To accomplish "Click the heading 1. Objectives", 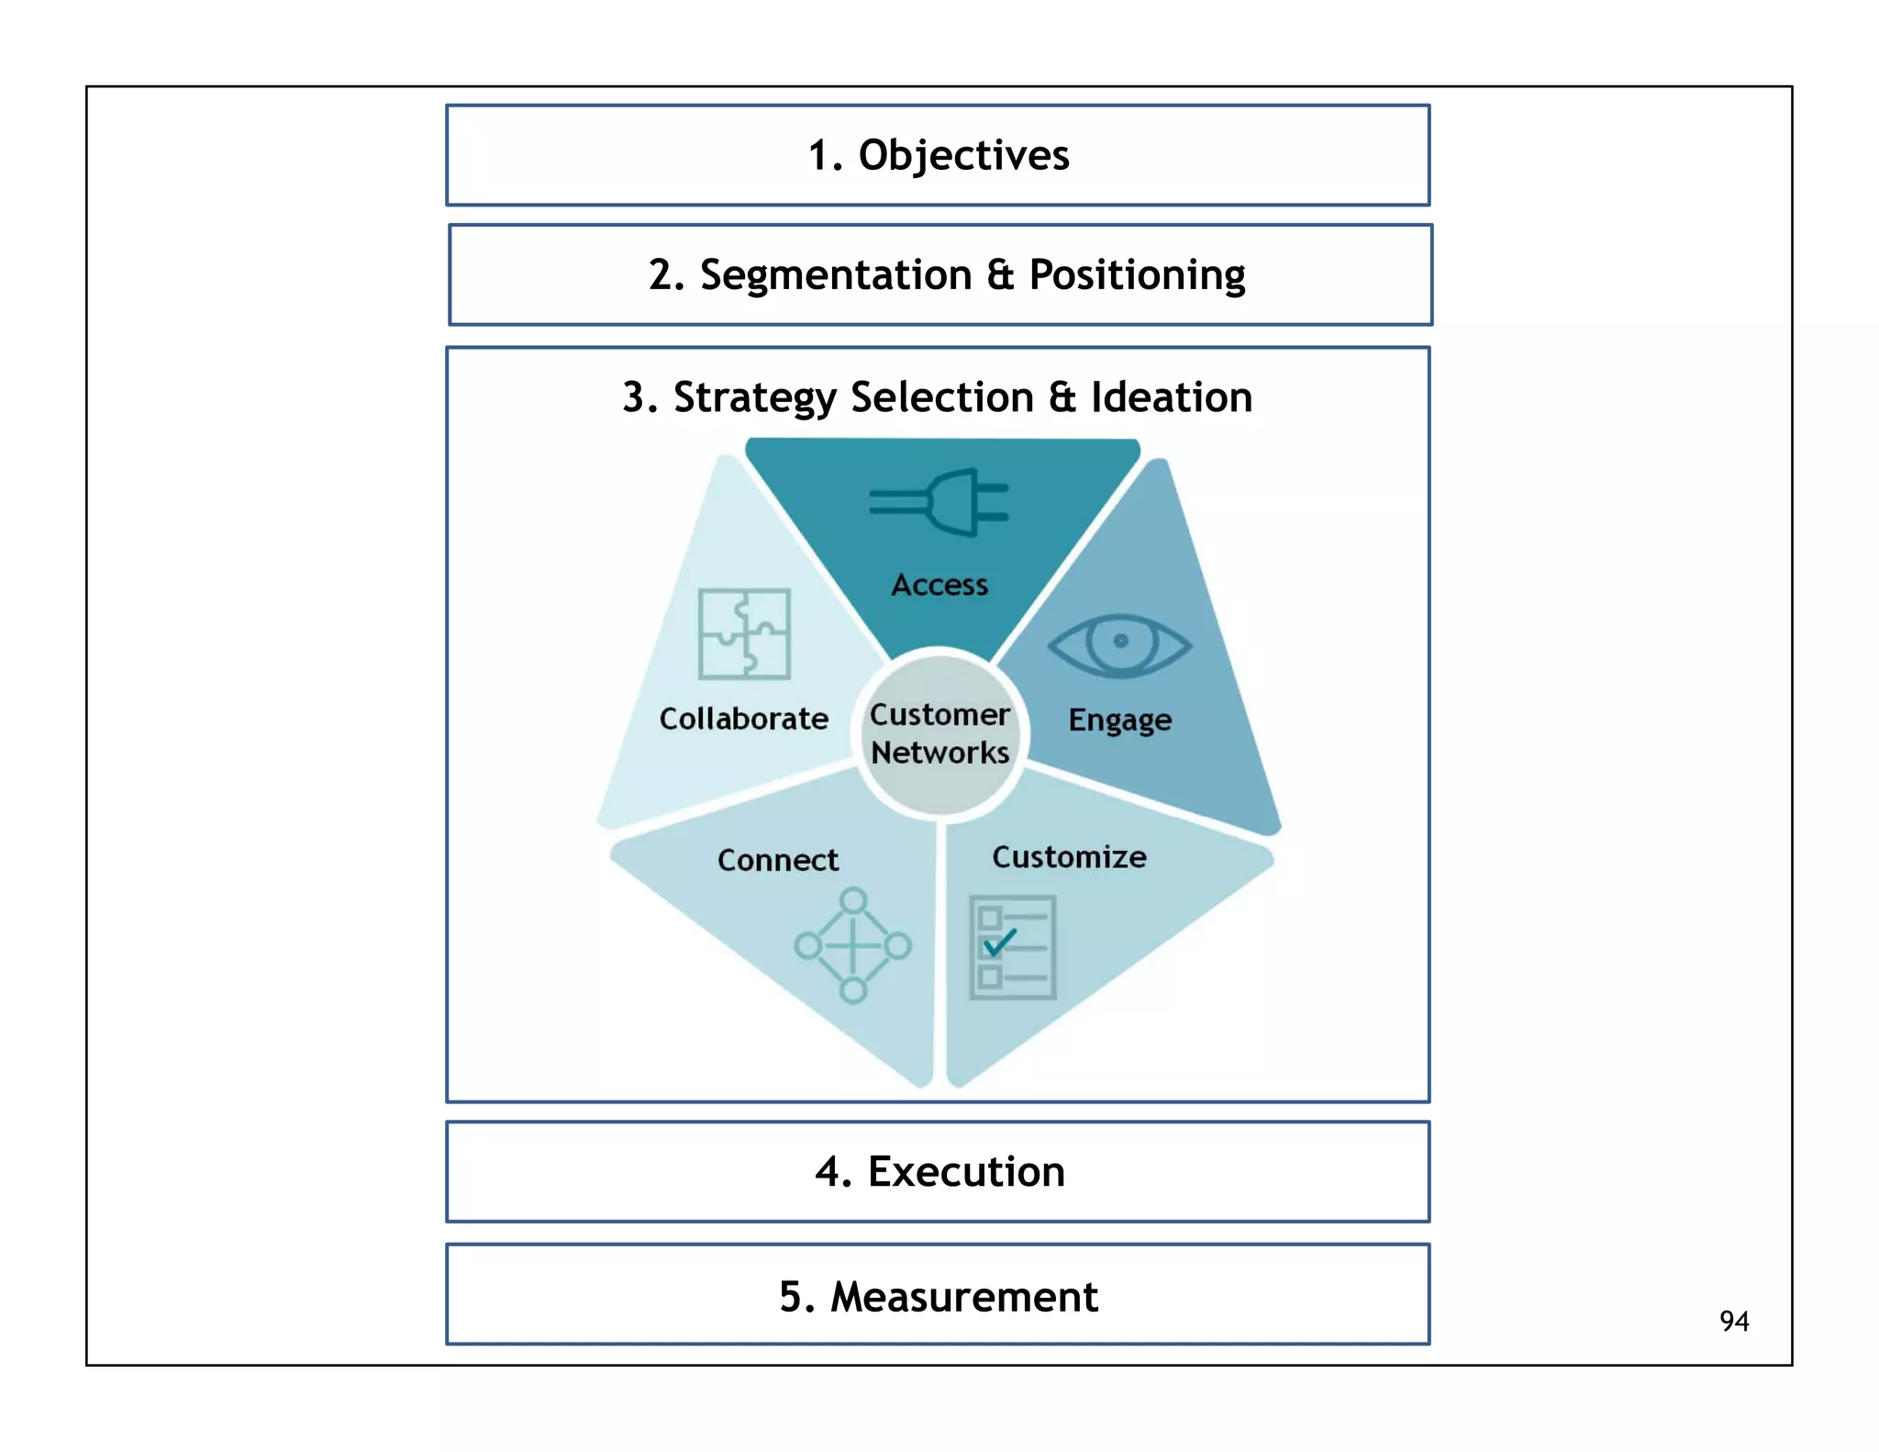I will pos(938,155).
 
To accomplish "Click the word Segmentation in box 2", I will pos(835,275).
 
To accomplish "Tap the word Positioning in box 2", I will pos(1137,275).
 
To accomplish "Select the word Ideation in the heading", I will pos(1171,397).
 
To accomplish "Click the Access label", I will pos(939,585).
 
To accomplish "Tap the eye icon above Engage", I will pos(1119,644).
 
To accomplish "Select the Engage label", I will pos(1119,720).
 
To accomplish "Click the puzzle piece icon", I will pos(744,634).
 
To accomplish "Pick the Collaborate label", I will pos(743,719).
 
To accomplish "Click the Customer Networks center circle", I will pos(939,732).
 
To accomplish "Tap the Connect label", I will pos(777,860).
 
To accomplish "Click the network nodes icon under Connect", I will pos(852,945).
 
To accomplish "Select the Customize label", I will pos(1069,857).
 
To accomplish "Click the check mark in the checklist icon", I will pos(999,942).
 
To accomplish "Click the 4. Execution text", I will pos(939,1172).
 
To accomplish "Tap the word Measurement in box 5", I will pos(963,1297).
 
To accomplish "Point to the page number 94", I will pos(1733,1322).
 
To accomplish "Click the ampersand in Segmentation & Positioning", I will pos(1000,275).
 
